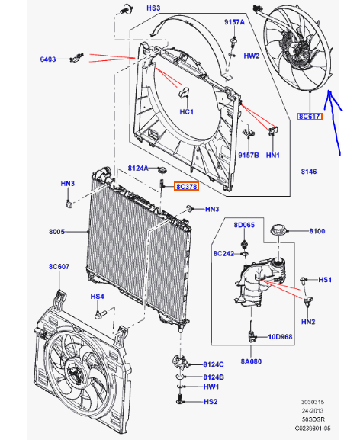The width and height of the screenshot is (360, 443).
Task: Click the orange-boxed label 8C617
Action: coord(309,117)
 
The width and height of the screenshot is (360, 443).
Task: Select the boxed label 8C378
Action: coord(186,186)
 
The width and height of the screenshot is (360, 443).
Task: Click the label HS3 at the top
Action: coord(153,8)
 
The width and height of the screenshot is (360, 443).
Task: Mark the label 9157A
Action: coord(233,23)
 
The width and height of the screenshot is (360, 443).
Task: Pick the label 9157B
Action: coord(246,155)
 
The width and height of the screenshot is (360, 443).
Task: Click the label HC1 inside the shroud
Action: coord(186,112)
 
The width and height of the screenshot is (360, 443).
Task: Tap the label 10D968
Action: coord(280,335)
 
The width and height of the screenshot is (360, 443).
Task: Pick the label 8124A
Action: coord(137,167)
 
